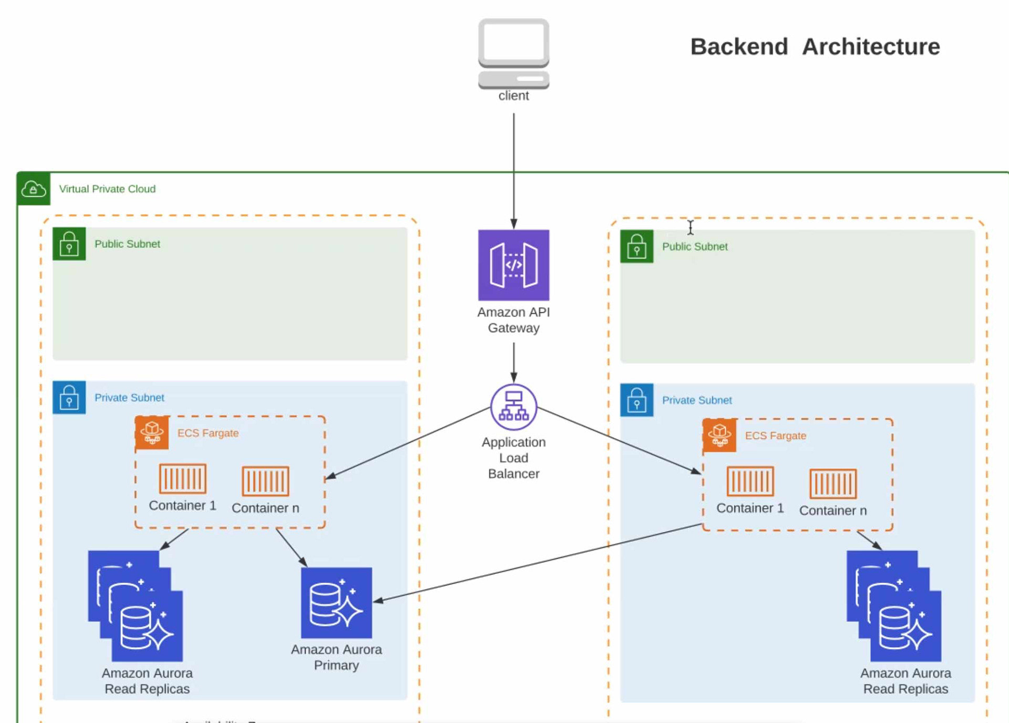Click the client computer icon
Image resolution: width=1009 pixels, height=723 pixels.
(513, 53)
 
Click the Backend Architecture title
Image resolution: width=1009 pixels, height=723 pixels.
(815, 47)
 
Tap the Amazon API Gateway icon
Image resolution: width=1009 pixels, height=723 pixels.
(513, 265)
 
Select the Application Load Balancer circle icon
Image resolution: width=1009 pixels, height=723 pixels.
(513, 407)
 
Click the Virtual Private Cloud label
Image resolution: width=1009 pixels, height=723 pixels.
(107, 189)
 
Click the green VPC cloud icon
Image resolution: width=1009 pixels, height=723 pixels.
(34, 189)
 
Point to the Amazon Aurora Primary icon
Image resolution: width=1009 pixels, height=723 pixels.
(336, 603)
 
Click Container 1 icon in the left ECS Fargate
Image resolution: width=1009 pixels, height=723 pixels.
(182, 478)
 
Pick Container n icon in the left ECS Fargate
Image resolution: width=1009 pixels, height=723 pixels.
(265, 481)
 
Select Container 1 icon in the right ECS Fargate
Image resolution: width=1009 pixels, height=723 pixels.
(750, 481)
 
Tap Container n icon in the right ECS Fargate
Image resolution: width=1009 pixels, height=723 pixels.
(833, 483)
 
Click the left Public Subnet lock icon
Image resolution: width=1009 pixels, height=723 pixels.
(69, 244)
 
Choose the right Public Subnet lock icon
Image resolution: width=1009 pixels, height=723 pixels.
(636, 246)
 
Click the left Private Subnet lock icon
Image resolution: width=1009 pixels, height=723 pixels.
(69, 397)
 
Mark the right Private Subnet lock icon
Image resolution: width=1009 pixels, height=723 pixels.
(636, 400)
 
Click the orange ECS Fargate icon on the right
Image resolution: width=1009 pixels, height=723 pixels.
(719, 435)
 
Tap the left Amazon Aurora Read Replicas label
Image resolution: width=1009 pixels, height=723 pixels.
(147, 681)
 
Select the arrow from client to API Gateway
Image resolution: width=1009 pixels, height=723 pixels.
(513, 168)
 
